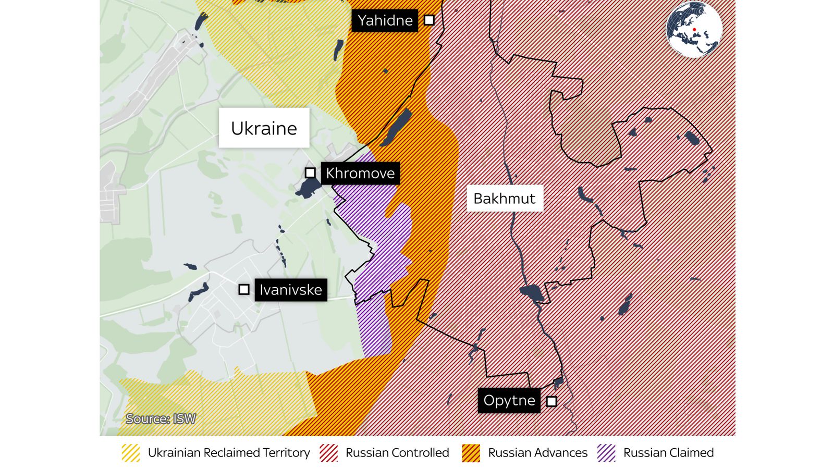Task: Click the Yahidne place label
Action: coord(385,21)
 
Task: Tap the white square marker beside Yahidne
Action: coord(429,20)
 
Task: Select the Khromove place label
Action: coord(360,173)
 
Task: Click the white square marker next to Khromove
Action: coord(310,172)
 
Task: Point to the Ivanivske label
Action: coord(291,290)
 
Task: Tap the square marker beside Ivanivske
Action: coord(244,289)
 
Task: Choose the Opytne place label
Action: coord(509,400)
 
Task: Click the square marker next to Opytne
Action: coord(551,401)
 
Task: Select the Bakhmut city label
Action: coord(504,199)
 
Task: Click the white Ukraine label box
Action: coord(264,128)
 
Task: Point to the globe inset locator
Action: coord(694,29)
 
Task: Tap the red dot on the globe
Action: coord(694,30)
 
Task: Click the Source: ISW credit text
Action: coord(161,419)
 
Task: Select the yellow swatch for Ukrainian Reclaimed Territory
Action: coord(130,453)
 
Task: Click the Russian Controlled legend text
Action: coord(397,453)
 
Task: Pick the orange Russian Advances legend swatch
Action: coord(471,453)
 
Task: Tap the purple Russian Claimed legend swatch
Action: coord(606,453)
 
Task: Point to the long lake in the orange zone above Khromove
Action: coord(396,128)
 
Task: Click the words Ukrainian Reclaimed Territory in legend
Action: coord(229,453)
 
